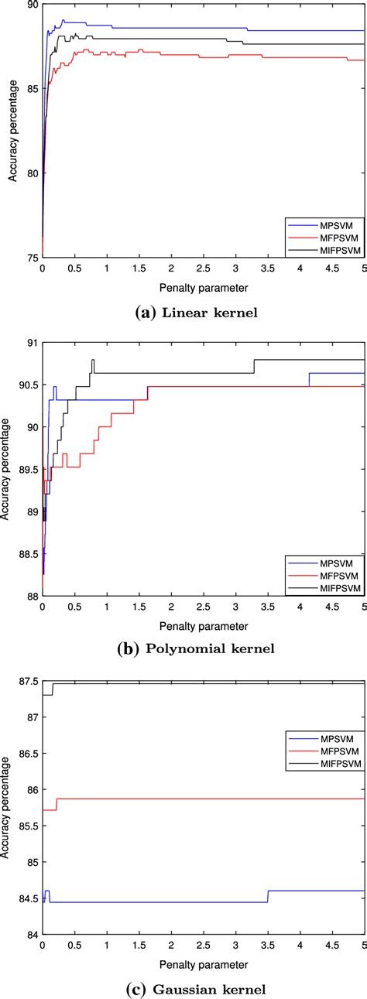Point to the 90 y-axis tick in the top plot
[x=33, y=5]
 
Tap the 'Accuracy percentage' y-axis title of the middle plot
[x=7, y=468]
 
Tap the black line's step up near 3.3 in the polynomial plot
[x=254, y=366]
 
